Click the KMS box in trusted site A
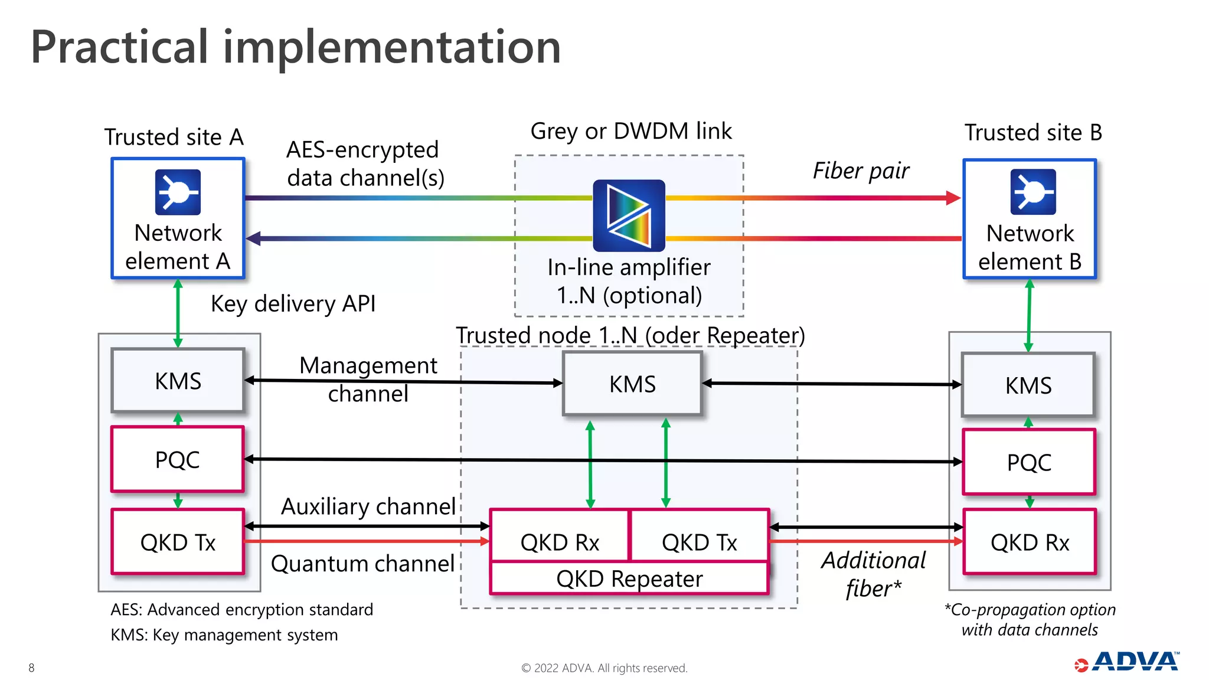point(178,381)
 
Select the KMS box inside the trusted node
point(632,384)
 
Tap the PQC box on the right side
point(1029,462)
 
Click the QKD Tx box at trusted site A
point(178,542)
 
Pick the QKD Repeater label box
point(629,579)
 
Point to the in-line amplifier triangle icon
point(629,215)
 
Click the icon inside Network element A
point(178,192)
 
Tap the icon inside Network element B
point(1032,192)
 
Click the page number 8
point(31,668)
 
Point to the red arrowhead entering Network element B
point(952,198)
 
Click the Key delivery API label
point(293,304)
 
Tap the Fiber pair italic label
point(861,171)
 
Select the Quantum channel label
point(362,564)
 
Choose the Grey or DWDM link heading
point(630,131)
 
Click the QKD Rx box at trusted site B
point(1030,542)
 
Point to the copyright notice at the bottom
point(604,668)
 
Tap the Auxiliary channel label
point(368,506)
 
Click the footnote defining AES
point(241,609)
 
